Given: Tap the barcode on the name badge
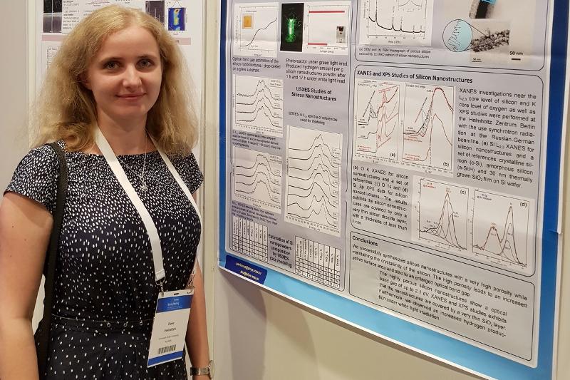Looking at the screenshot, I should pyautogui.click(x=166, y=351).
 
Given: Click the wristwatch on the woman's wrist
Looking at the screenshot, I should pyautogui.click(x=201, y=370).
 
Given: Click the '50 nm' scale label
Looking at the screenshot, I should pyautogui.click(x=516, y=52).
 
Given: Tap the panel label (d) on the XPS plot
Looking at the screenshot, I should pyautogui.click(x=524, y=205).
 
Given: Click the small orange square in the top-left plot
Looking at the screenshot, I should pyautogui.click(x=247, y=21).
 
